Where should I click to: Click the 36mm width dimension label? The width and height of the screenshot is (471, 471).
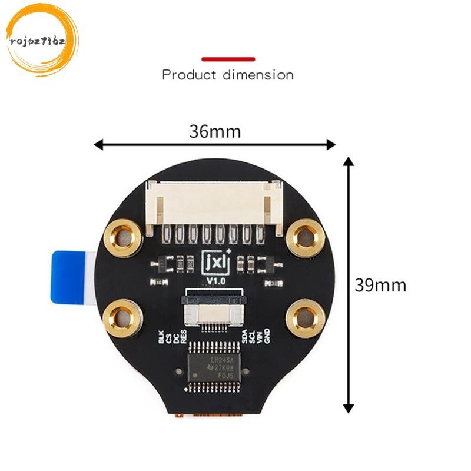pos(215,131)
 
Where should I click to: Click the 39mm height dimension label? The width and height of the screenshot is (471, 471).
pos(380,286)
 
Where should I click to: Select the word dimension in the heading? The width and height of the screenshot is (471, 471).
pos(258,75)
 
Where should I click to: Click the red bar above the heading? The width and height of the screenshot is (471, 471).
pos(228,59)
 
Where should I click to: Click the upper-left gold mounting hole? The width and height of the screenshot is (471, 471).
pos(124,238)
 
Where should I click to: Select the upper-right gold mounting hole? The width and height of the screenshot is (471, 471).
pos(306,237)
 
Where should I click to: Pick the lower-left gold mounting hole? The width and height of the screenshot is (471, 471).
pos(123,317)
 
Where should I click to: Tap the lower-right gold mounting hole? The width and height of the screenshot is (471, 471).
pos(306,319)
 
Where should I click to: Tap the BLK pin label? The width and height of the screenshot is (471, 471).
pos(161,337)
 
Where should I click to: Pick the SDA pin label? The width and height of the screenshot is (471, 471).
pos(245,337)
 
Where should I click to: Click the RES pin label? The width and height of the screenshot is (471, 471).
pos(184,337)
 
